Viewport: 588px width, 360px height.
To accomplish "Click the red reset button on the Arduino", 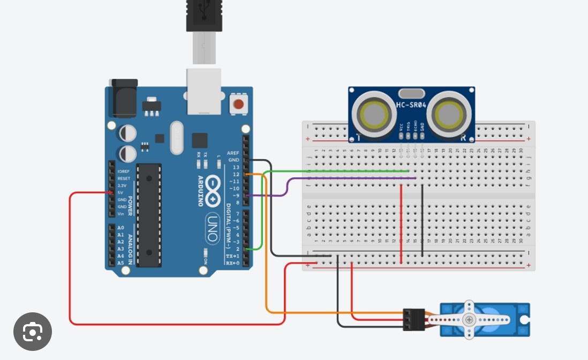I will pos(238,104).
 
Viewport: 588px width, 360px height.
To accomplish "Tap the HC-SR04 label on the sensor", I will pos(411,105).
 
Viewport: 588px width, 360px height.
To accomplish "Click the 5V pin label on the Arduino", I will pos(120,192).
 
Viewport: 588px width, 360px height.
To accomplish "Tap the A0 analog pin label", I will pos(120,228).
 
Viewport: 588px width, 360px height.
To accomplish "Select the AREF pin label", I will pos(233,153).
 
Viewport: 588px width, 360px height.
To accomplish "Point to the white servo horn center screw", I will pos(470,320).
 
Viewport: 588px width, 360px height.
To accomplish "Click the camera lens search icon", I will pos(33,332).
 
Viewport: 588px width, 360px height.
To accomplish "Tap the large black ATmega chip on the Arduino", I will pos(148,214).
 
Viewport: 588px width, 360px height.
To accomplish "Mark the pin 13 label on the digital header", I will pos(236,167).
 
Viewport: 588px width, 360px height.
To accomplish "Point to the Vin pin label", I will pos(120,214).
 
